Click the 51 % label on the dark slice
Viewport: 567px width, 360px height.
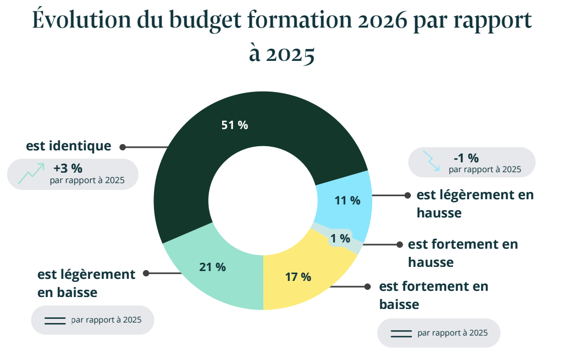[x=235, y=125]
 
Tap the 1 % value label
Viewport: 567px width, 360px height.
[x=340, y=238]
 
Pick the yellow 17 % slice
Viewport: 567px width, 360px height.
[x=298, y=277]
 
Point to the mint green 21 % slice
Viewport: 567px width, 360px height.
[x=212, y=267]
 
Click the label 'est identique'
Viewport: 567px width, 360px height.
[x=69, y=146]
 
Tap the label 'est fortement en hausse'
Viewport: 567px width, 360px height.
[x=463, y=253]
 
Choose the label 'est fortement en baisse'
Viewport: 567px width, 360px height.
[x=434, y=295]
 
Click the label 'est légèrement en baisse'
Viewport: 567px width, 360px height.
[x=86, y=283]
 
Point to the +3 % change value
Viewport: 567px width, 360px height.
[x=68, y=169]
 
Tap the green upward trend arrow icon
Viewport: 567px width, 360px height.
[x=31, y=173]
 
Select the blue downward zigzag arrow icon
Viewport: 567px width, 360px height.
[x=431, y=161]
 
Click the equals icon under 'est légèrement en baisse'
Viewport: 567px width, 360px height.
[x=55, y=320]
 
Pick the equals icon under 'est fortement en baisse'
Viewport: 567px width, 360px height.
[x=401, y=333]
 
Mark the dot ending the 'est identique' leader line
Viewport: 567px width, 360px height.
[x=123, y=147]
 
